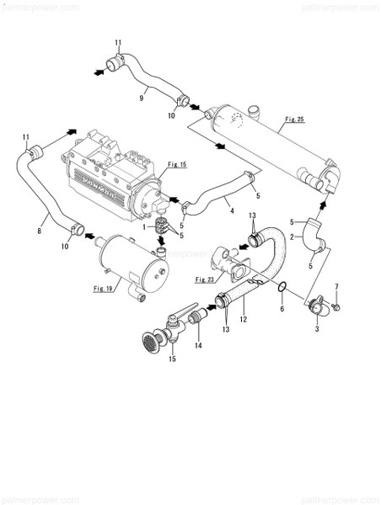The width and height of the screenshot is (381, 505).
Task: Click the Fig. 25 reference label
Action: (x=294, y=120)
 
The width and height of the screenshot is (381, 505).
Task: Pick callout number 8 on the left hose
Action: (x=39, y=226)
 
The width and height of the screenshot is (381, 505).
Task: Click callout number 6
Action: (x=282, y=309)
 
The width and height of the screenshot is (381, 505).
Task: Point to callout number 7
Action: (x=337, y=289)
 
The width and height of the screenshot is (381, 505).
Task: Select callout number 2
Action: (x=291, y=239)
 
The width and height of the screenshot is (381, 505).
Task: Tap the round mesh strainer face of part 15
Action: (x=148, y=343)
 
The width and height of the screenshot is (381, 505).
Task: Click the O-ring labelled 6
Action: (x=285, y=290)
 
